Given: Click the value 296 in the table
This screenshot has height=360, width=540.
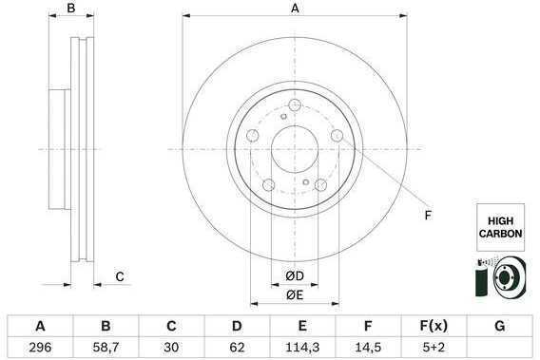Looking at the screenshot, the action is [x=40, y=348].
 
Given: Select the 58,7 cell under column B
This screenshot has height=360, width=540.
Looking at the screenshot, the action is [x=106, y=348].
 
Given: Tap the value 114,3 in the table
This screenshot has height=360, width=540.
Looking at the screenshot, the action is [x=302, y=348].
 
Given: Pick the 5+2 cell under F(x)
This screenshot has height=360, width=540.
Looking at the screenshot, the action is [x=434, y=348].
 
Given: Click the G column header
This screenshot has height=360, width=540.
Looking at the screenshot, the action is [x=500, y=326].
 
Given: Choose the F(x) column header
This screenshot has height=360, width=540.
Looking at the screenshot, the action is [x=434, y=326].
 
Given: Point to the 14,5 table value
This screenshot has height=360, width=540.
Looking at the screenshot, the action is [x=368, y=348].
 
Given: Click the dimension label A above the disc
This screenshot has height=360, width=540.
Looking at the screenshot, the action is [x=295, y=8].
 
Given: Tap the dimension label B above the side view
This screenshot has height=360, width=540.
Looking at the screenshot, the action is [x=71, y=8].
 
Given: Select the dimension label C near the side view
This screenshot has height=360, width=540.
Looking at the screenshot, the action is [x=120, y=276].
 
